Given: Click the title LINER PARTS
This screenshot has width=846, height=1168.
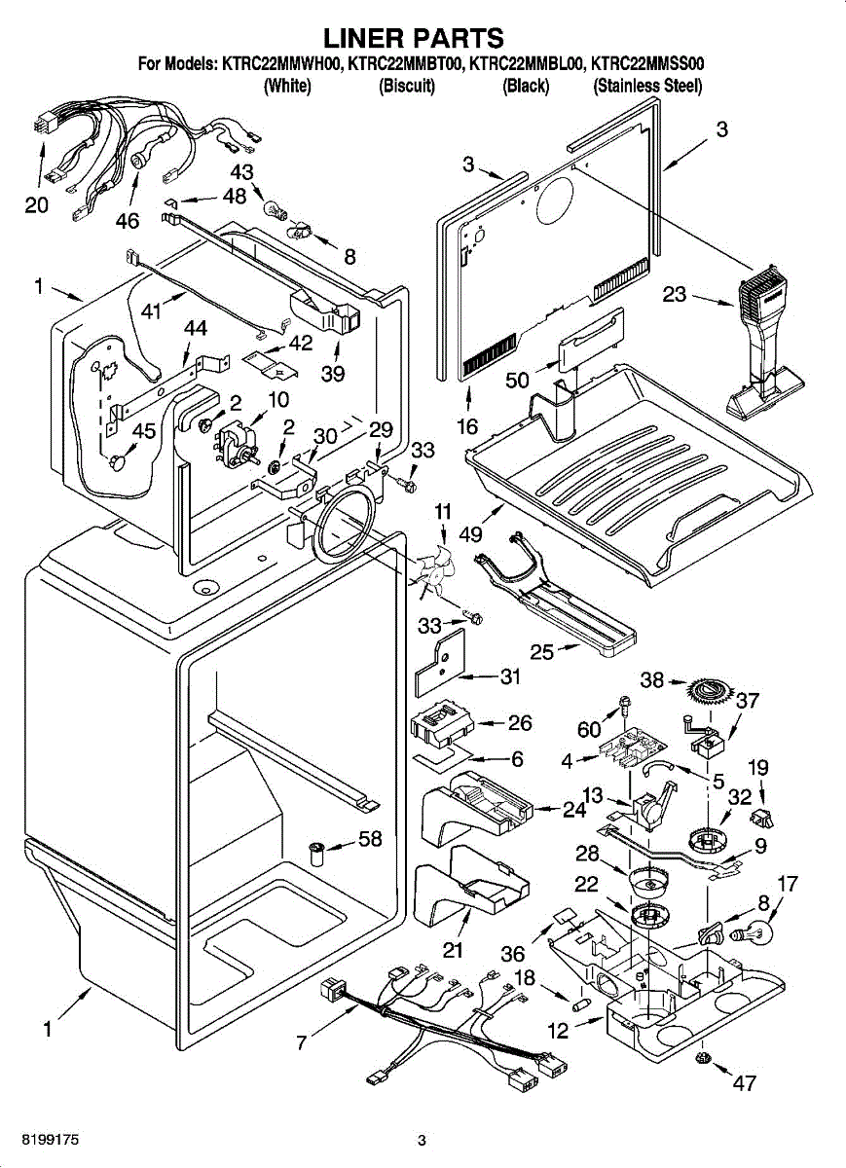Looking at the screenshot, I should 414,37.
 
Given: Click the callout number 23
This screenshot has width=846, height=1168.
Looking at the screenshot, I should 675,293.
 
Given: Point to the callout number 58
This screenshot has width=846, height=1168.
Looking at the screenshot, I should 370,838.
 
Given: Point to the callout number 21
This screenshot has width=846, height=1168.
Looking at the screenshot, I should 453,949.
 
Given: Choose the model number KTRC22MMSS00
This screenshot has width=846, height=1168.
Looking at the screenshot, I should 649,65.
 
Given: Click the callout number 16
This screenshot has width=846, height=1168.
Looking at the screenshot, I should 467,424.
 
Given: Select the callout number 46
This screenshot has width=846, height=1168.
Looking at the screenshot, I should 128,220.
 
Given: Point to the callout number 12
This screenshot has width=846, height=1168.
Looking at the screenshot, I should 558,1031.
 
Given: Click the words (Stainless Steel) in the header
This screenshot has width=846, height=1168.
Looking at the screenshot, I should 647,86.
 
